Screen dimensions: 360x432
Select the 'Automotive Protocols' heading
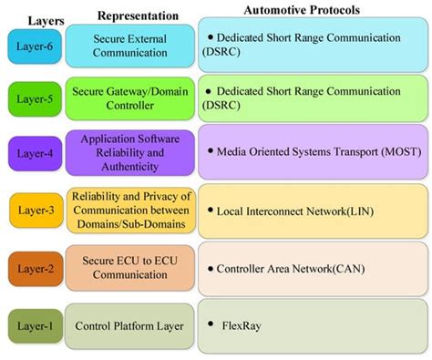[311, 8]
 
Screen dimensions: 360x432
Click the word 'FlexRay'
[242, 324]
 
